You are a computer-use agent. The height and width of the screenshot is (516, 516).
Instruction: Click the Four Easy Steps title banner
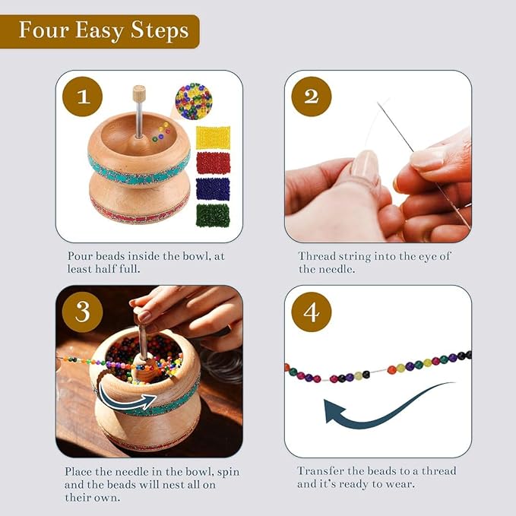103,31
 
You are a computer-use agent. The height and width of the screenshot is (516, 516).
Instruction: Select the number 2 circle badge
312,97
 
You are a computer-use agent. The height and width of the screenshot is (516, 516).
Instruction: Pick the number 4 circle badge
312,312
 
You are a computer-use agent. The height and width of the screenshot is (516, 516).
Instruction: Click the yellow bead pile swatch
213,138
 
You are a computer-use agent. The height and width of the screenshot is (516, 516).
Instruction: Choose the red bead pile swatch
213,163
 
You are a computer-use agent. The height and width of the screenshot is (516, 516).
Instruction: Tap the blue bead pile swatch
213,188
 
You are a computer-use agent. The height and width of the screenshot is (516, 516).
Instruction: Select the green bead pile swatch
213,215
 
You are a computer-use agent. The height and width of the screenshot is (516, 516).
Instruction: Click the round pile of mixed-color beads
193,101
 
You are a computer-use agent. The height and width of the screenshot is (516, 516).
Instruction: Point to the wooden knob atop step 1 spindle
139,94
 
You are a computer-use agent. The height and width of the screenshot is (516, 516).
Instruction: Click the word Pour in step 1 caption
81,256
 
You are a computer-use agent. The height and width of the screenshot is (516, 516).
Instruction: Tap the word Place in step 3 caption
80,471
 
